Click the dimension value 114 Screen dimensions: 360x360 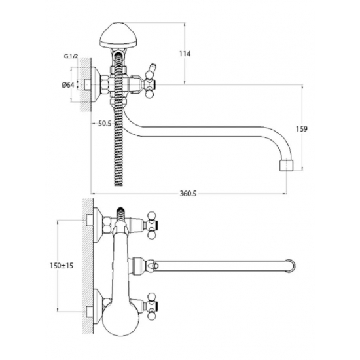pyautogui.click(x=185, y=54)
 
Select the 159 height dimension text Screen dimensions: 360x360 pyautogui.click(x=302, y=129)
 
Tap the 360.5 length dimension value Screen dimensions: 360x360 pyautogui.click(x=189, y=194)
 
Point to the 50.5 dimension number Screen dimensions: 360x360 pyautogui.click(x=105, y=124)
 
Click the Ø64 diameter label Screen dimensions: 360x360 pyautogui.click(x=68, y=85)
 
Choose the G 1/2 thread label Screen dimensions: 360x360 pyautogui.click(x=71, y=56)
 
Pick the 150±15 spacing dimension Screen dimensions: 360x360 pyautogui.click(x=62, y=266)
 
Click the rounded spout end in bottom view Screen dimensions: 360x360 pyautogui.click(x=291, y=266)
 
